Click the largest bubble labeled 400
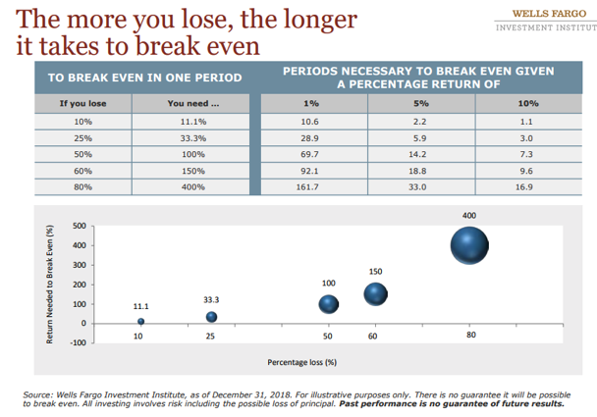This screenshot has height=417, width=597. coord(470,245)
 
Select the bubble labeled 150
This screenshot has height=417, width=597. coord(375,293)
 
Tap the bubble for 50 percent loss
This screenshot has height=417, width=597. coord(329,303)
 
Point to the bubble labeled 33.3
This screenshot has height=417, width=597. coord(211,317)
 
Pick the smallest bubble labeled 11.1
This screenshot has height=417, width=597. coord(141,321)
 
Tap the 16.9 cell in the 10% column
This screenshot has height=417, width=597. coord(526,185)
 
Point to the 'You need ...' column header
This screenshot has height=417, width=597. coord(192,103)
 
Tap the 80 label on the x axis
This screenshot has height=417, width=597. coord(470,337)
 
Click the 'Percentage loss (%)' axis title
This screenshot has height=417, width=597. coord(302,361)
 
